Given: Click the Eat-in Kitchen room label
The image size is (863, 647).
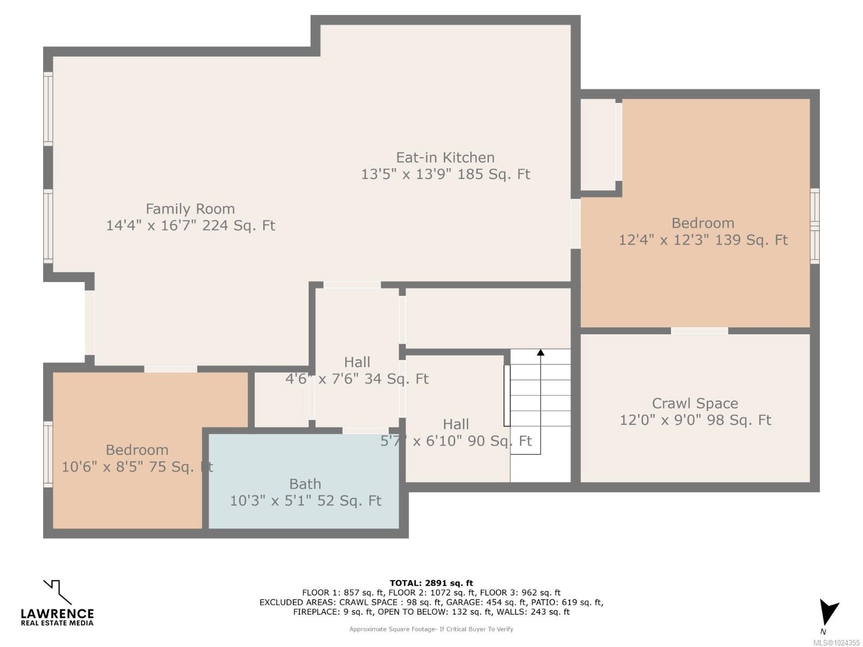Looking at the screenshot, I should (x=445, y=157).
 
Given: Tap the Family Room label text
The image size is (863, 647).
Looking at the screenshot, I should (x=190, y=209).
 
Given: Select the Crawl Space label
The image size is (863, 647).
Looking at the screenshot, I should (x=695, y=403).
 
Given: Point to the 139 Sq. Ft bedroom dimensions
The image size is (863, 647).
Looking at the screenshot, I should (x=703, y=240).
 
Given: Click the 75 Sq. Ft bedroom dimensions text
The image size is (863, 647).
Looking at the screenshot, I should (x=137, y=467).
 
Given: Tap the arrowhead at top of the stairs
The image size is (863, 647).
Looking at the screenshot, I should (x=540, y=353).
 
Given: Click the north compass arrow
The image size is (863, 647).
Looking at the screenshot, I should (x=827, y=612).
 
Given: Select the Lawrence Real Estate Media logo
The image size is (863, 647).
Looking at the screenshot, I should (x=57, y=603).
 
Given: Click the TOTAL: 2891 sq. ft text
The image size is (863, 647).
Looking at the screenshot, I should (x=431, y=583).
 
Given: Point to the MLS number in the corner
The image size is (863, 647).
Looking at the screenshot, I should (x=836, y=643).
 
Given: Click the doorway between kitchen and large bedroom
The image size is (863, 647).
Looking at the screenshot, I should (x=576, y=223).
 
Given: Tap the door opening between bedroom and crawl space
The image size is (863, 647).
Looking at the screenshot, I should (x=699, y=331).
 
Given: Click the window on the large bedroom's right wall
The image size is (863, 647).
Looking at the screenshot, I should (x=814, y=226).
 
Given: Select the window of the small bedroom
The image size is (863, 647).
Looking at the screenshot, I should (x=48, y=455).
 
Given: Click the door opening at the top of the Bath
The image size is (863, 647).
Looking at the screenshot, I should (x=364, y=430).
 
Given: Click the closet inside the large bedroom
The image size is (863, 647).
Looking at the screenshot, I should (x=597, y=144).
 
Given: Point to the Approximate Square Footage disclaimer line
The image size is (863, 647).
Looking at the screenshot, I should (x=431, y=629).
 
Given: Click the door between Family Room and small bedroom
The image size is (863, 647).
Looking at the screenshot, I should (x=170, y=369).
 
